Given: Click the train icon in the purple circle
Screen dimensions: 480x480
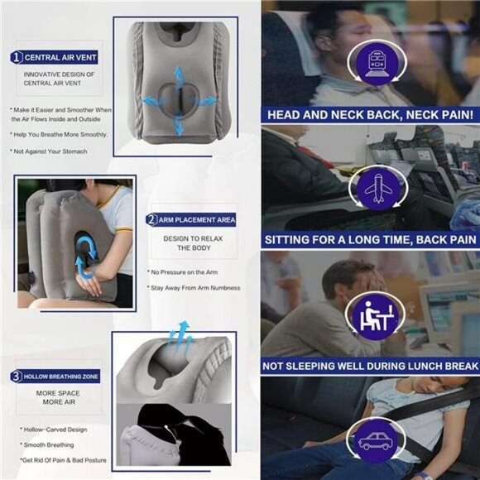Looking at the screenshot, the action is [x=377, y=64].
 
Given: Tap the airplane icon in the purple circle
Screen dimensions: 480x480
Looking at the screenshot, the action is [x=379, y=188].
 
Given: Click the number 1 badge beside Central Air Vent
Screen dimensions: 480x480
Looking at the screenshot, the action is [x=17, y=57].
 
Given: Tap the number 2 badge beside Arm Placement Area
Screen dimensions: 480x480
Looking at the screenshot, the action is [x=151, y=219].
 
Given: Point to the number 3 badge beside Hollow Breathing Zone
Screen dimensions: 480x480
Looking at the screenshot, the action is [x=17, y=377].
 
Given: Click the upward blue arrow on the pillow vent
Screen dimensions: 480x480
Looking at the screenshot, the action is [x=178, y=77].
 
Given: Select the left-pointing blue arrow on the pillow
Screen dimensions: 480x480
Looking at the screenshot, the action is [x=152, y=100].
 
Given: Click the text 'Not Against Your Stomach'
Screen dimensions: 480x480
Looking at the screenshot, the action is [x=48, y=151].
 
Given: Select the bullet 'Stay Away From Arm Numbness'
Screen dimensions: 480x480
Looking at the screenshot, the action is [x=194, y=288].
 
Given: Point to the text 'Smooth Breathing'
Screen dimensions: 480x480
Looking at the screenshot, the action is [x=47, y=444].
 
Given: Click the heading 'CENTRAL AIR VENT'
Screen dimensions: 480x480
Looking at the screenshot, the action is [x=60, y=57].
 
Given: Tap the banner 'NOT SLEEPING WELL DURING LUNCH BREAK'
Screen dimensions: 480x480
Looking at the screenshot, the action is [x=370, y=366].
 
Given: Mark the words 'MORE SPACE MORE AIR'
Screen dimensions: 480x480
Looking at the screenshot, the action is [x=58, y=397].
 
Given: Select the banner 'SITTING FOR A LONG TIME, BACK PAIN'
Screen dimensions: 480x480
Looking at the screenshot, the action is [x=370, y=240].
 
